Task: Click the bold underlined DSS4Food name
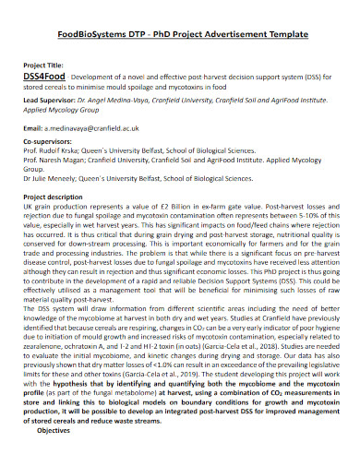click(x=42, y=77)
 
